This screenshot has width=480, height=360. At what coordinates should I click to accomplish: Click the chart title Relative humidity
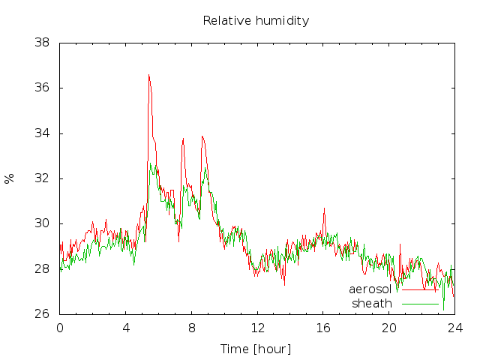pyautogui.click(x=256, y=21)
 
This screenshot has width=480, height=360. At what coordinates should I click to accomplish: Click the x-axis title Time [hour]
pyautogui.click(x=256, y=349)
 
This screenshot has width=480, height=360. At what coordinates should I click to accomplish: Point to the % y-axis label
pyautogui.click(x=9, y=178)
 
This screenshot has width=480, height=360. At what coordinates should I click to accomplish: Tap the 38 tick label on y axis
pyautogui.click(x=42, y=43)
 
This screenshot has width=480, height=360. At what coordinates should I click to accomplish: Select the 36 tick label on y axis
pyautogui.click(x=42, y=88)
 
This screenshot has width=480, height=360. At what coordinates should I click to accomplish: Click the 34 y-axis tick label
pyautogui.click(x=42, y=133)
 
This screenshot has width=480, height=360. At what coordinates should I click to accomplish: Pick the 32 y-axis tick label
pyautogui.click(x=42, y=178)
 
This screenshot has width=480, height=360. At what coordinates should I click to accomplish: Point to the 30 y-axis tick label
pyautogui.click(x=42, y=223)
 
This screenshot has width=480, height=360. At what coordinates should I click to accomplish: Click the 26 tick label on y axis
pyautogui.click(x=42, y=313)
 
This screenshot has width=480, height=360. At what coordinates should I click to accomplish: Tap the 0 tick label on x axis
pyautogui.click(x=60, y=328)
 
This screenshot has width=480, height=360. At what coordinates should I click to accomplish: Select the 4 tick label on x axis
pyautogui.click(x=126, y=328)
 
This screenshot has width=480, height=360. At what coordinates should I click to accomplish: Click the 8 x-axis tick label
pyautogui.click(x=192, y=328)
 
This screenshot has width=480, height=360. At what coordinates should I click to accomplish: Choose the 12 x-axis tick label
pyautogui.click(x=257, y=328)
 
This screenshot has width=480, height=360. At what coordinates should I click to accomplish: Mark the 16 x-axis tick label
pyautogui.click(x=323, y=328)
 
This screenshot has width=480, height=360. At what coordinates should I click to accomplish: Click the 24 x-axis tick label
pyautogui.click(x=455, y=328)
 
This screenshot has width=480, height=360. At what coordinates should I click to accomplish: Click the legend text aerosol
pyautogui.click(x=370, y=289)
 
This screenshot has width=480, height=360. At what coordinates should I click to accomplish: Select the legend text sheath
pyautogui.click(x=372, y=303)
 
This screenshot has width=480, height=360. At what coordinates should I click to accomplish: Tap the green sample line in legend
pyautogui.click(x=420, y=304)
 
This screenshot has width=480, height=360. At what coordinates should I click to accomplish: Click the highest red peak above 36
pyautogui.click(x=148, y=75)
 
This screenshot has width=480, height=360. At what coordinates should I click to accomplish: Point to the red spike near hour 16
pyautogui.click(x=324, y=208)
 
